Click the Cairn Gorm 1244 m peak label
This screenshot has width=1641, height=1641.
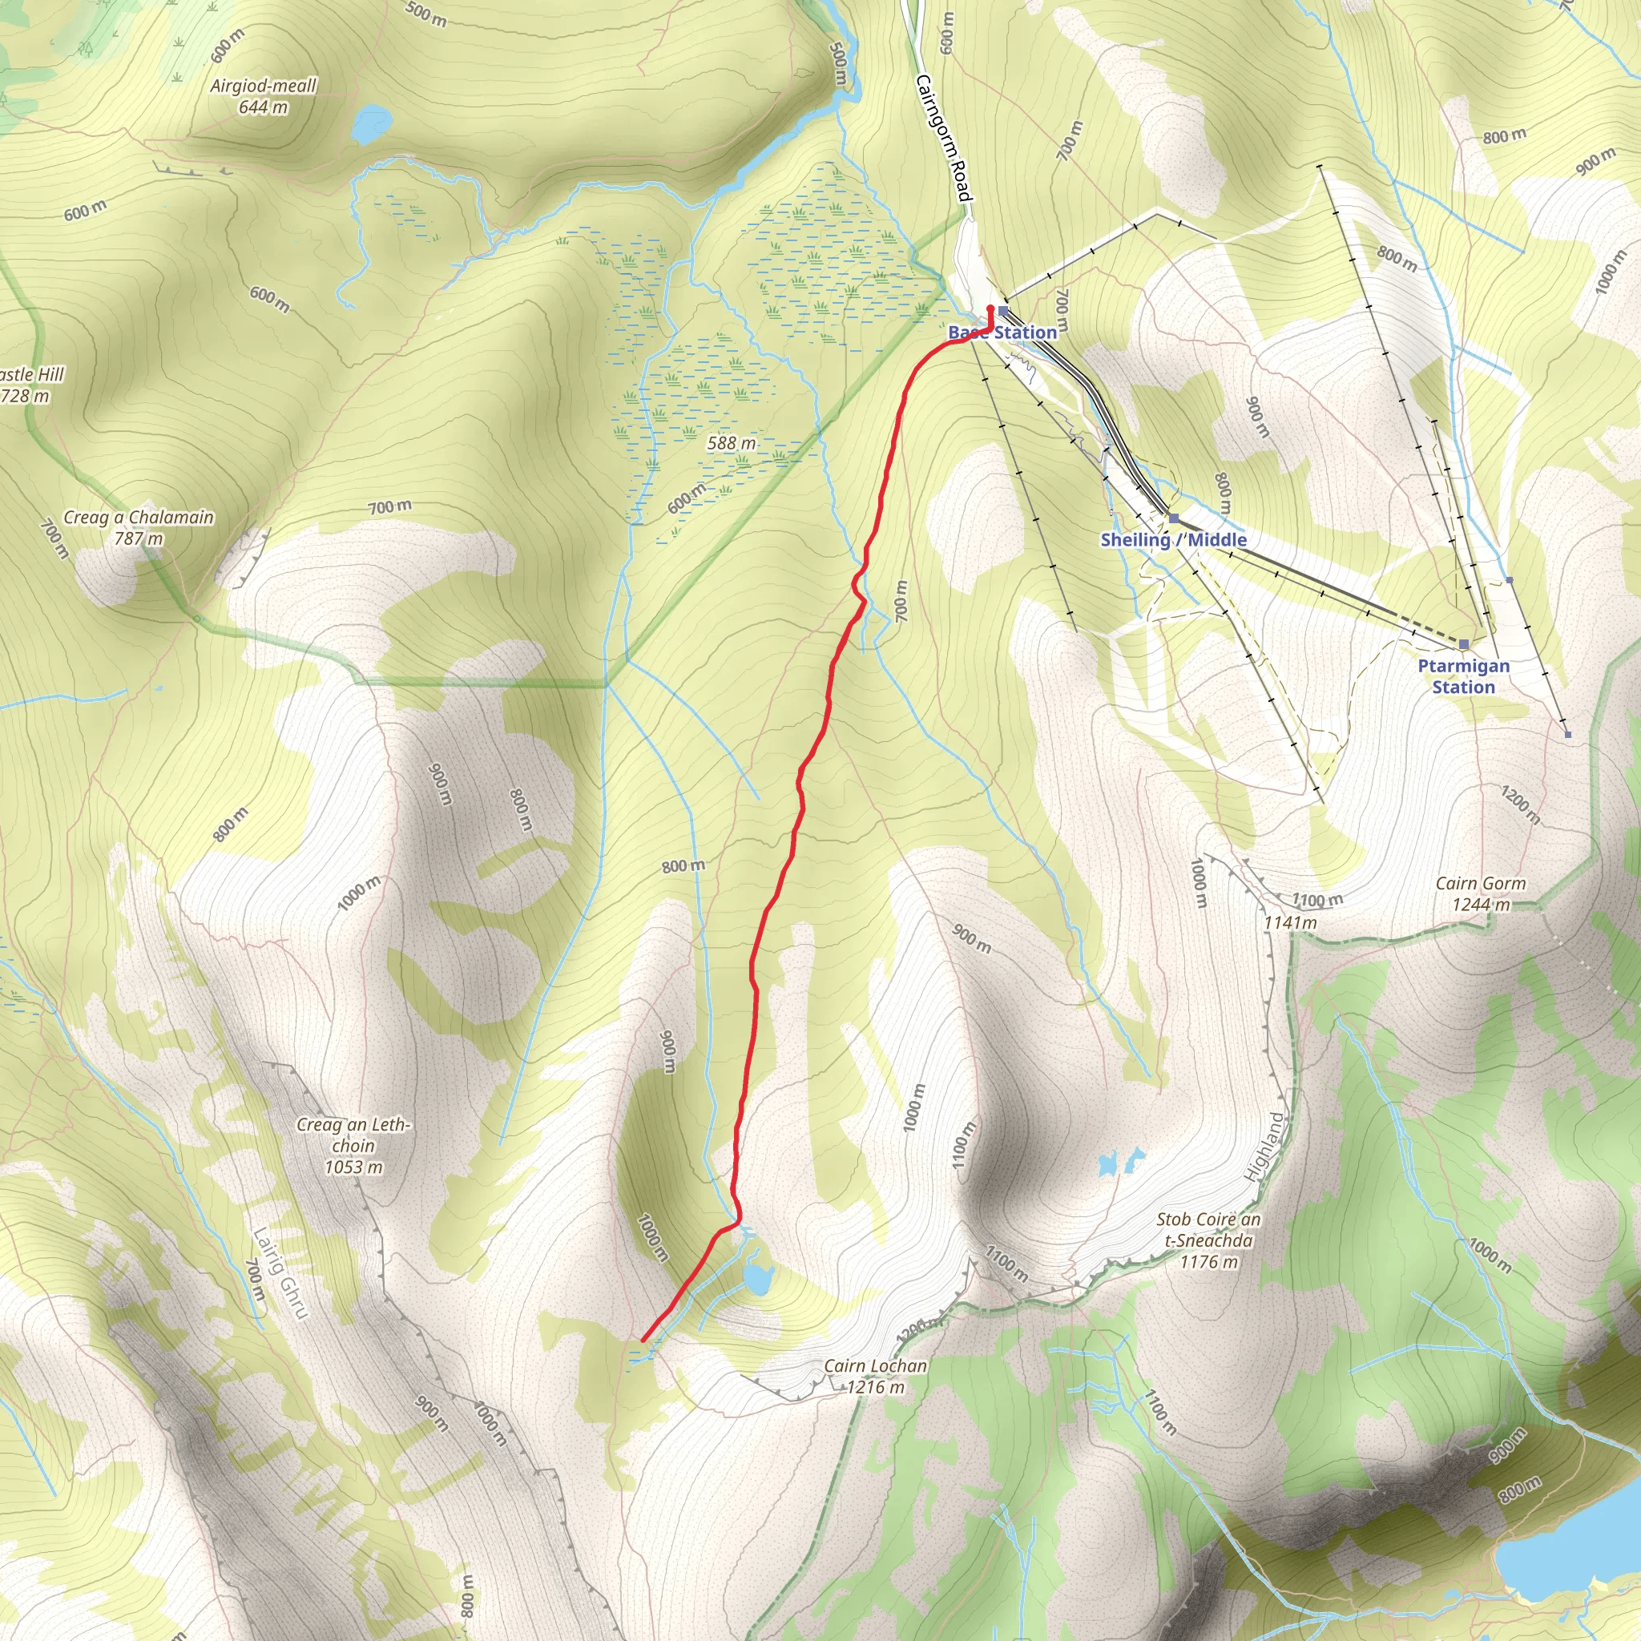pos(1481,894)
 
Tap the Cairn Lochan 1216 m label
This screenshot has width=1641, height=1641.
pos(875,1376)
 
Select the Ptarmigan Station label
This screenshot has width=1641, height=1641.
pos(1463,676)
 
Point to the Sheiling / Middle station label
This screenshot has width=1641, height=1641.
pos(1173,540)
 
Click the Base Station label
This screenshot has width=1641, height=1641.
pos(1002,332)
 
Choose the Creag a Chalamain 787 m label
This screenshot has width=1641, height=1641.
pos(139,527)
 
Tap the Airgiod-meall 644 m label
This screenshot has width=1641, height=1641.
pos(264,96)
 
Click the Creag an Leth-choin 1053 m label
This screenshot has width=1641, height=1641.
pos(353,1146)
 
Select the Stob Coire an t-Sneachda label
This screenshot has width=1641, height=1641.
pos(1208,1241)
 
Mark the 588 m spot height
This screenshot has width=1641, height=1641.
pos(732,443)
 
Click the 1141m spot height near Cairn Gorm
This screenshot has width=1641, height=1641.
pos(1289,922)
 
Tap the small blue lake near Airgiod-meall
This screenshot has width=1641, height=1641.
pos(371,123)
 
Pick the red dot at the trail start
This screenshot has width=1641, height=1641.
pos(990,308)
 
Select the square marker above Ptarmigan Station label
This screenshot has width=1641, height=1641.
pos(1463,644)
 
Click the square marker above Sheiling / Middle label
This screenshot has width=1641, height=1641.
pos(1174,518)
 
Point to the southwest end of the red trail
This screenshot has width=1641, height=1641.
pos(643,1341)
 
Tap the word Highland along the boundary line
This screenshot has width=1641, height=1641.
pos(1264,1146)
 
